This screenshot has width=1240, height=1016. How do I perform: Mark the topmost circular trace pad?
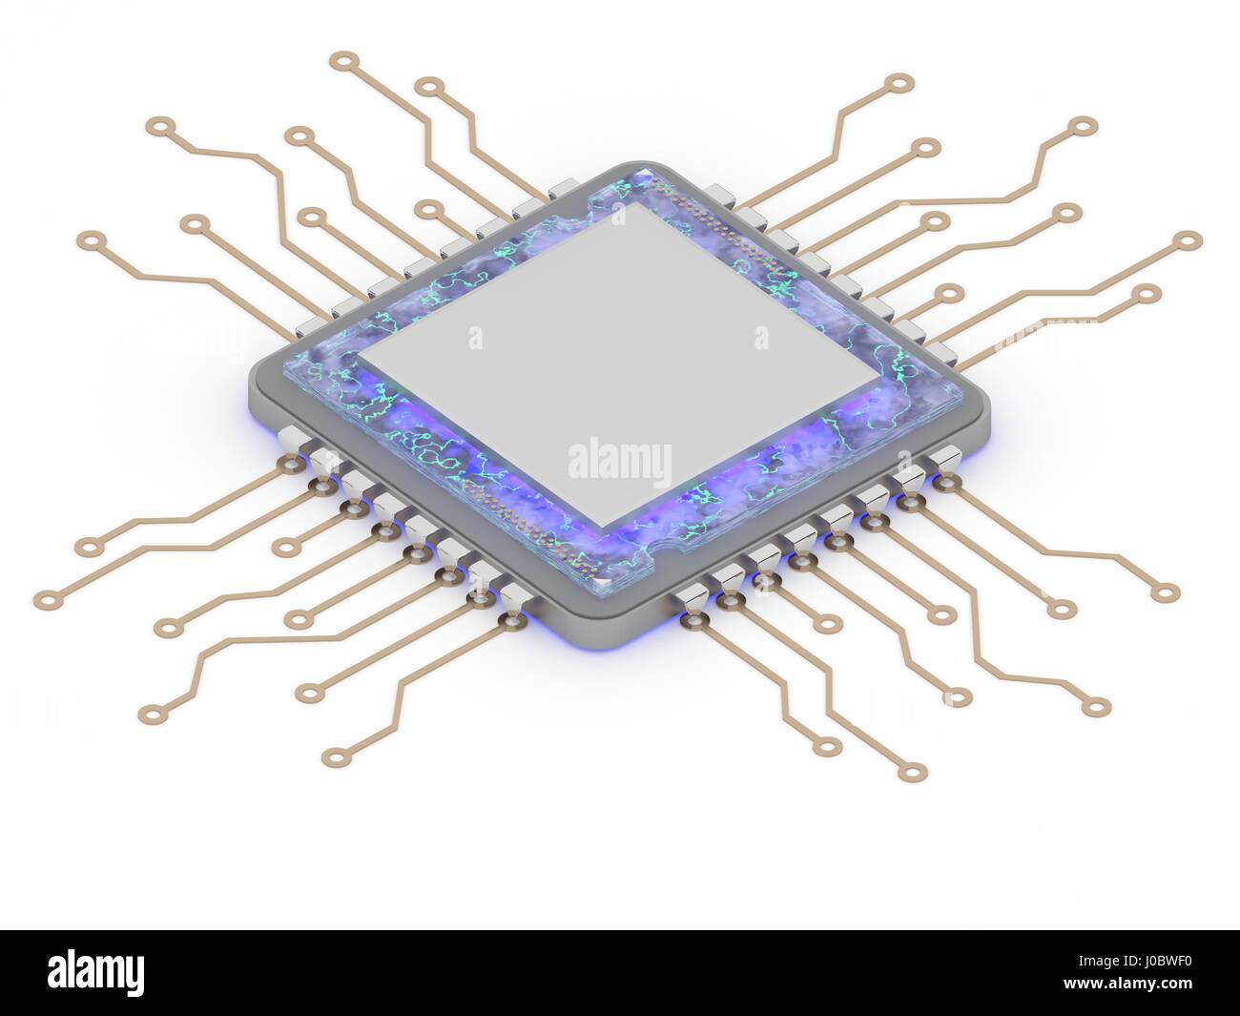coord(340,61)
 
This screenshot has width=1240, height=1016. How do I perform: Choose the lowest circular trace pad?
coord(914,772)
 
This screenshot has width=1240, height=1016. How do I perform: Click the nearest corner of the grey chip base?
coord(603,611)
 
